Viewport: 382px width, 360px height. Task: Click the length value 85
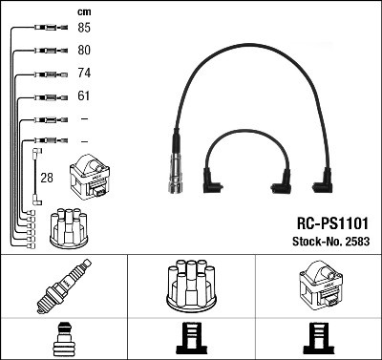(x=84, y=28)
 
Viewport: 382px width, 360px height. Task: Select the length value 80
(x=84, y=51)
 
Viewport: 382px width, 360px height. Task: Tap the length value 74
(x=84, y=74)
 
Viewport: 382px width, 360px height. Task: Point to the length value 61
(x=84, y=96)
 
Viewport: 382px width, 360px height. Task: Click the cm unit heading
(x=83, y=11)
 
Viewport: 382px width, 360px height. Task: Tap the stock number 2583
(x=356, y=240)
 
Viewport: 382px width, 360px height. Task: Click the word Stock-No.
(x=314, y=240)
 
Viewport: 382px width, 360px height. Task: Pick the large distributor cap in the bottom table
(x=191, y=287)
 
